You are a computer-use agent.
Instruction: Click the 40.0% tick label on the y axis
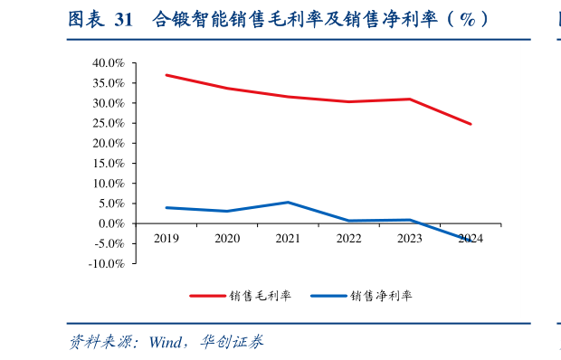point(108,63)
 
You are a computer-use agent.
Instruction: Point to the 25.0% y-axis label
point(108,123)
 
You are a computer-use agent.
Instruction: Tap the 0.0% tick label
point(110,223)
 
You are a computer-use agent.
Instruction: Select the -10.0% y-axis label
point(106,263)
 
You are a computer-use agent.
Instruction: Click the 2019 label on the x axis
point(166,238)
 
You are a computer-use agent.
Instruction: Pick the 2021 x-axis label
point(288,238)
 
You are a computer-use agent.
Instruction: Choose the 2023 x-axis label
point(410,238)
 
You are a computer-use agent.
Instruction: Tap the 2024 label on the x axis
point(471,238)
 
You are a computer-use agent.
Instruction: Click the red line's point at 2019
point(166,75)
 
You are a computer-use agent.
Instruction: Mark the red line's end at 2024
point(471,124)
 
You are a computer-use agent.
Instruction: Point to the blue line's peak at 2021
point(288,202)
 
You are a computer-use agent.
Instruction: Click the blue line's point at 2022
point(349,221)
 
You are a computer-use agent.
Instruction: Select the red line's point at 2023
point(410,99)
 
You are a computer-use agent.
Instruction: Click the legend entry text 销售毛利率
point(260,295)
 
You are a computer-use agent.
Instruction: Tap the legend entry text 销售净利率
point(380,295)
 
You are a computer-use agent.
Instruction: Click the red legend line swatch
point(207,296)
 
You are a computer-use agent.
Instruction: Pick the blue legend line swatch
point(328,296)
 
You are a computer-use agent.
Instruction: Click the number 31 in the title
point(123,18)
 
